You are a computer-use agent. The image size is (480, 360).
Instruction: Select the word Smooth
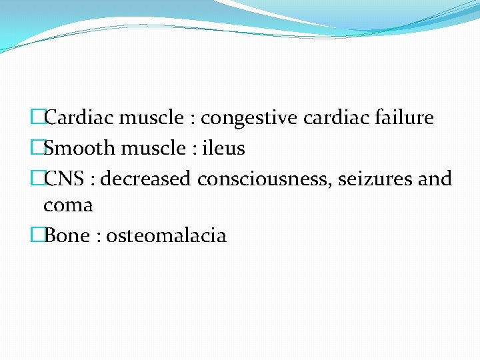(x=76, y=148)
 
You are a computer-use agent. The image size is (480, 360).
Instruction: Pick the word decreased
(x=146, y=179)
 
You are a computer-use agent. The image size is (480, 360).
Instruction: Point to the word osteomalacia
(x=167, y=235)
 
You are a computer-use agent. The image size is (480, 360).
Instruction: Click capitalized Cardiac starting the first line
(x=77, y=118)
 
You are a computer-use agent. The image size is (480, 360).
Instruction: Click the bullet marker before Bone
(x=37, y=235)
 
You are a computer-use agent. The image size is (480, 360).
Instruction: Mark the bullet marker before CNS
(x=37, y=179)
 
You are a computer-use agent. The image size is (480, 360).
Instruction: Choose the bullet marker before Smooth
(x=37, y=148)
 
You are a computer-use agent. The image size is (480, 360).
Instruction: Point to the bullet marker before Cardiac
(x=37, y=118)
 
